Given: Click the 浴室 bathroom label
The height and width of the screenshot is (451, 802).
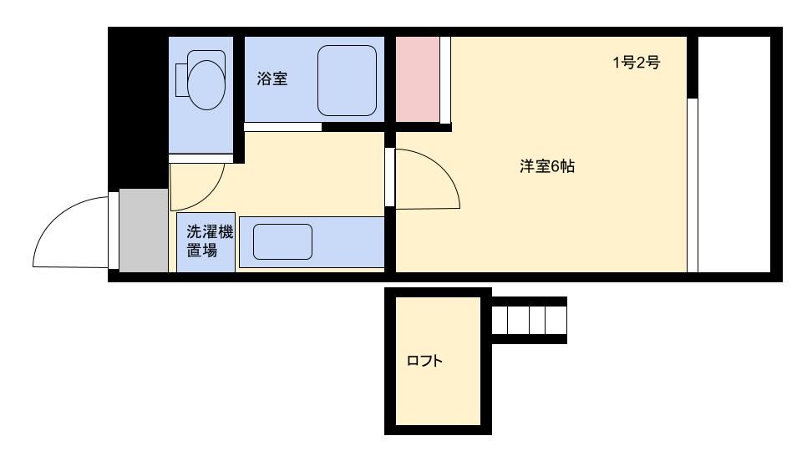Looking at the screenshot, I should (272, 79).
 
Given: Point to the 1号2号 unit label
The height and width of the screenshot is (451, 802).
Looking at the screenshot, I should (637, 63).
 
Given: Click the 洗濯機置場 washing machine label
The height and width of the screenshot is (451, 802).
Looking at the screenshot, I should (206, 242).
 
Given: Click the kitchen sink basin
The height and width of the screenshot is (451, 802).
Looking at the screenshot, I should (282, 241).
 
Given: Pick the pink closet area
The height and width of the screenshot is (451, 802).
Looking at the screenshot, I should (417, 79).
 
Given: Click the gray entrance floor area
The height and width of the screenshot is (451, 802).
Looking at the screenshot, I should (144, 230).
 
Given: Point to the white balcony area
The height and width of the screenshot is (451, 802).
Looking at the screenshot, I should (734, 155).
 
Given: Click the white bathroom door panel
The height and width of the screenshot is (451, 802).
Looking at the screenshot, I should (282, 127).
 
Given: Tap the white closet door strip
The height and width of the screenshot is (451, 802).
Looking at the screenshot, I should (446, 79).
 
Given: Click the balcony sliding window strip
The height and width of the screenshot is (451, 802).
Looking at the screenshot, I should (692, 185).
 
